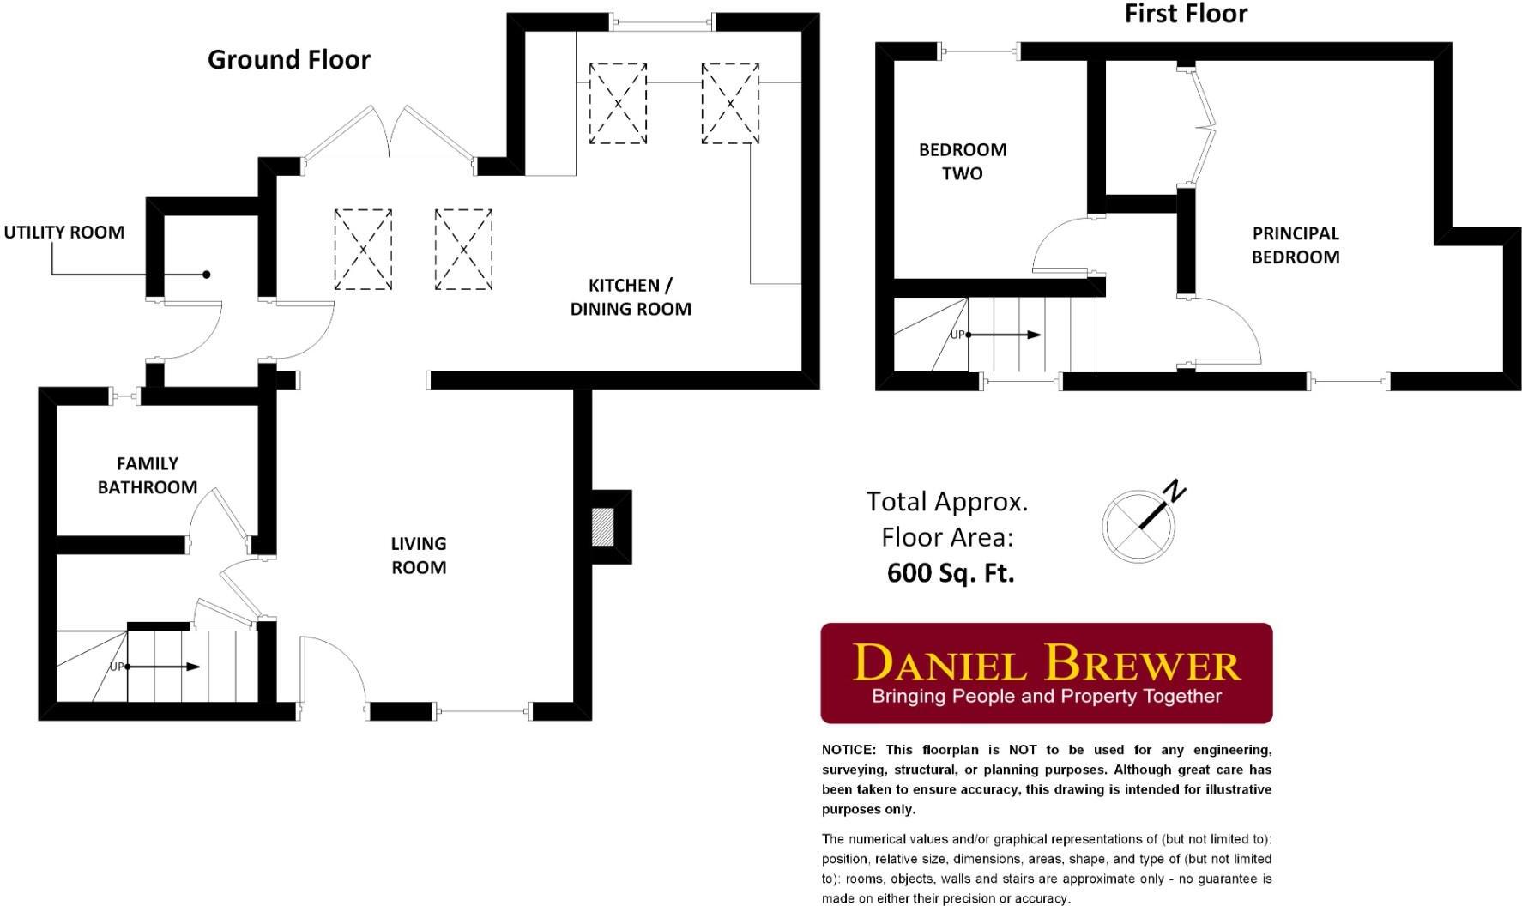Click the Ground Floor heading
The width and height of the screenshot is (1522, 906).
[x=289, y=60]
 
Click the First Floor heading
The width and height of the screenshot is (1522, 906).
[x=1186, y=14]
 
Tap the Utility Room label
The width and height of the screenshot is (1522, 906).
[x=64, y=233]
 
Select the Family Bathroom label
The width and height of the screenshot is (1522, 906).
[x=148, y=475]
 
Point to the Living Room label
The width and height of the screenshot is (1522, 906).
[x=419, y=555]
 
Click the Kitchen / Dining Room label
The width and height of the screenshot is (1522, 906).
[x=631, y=297]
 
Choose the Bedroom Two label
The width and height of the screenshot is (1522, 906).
[x=963, y=161]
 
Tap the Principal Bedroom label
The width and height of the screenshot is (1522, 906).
[x=1295, y=245]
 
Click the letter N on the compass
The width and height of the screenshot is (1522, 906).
[x=1175, y=492]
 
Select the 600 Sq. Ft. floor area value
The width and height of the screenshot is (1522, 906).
[x=951, y=573]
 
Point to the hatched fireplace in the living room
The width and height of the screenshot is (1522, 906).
[x=604, y=526]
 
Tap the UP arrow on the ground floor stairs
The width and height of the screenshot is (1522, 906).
[x=163, y=667]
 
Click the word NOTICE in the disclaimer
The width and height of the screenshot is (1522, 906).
[x=848, y=750]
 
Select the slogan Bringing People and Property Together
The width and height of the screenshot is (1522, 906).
[x=1047, y=696]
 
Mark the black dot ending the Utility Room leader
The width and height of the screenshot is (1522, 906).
[x=206, y=275]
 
